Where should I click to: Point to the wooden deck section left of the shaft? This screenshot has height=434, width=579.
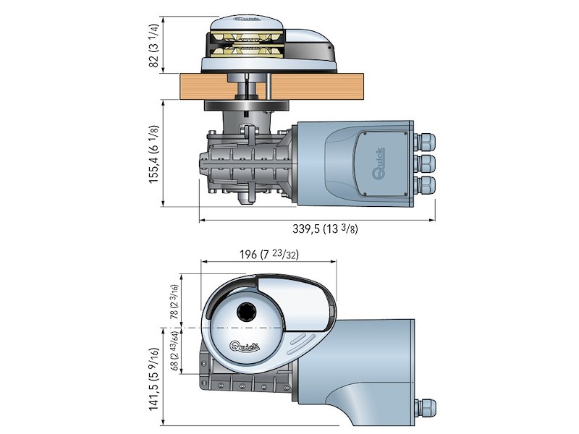coord(203,87)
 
